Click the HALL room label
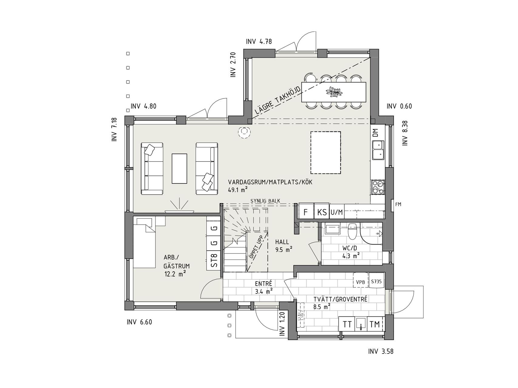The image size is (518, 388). (x=282, y=242)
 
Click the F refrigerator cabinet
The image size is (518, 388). (x=306, y=212)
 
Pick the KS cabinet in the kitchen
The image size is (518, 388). (x=322, y=212)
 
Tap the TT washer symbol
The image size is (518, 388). (x=347, y=324)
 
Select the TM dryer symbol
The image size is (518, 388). (x=375, y=324)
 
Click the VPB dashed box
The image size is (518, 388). (x=361, y=282)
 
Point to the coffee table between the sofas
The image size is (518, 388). (x=179, y=169)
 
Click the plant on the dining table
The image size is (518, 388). (x=333, y=91)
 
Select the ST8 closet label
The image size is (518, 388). (x=214, y=260)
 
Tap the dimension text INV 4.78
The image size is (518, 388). (x=259, y=42)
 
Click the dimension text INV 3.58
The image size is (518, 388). (x=381, y=352)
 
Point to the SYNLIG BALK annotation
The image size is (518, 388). (x=265, y=201)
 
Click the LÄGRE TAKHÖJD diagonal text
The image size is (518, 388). (x=278, y=100)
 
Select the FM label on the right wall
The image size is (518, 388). (x=398, y=205)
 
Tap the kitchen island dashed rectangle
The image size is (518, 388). (x=326, y=152)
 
